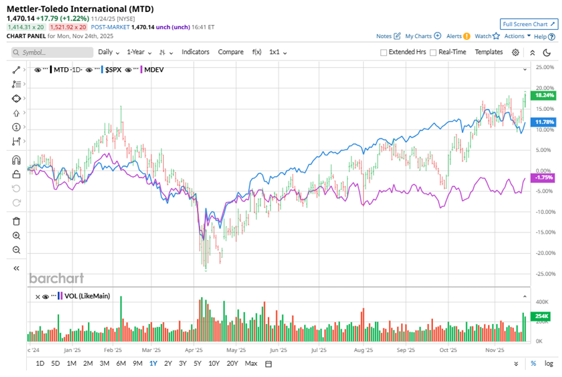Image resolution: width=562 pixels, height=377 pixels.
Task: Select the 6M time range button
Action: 121,363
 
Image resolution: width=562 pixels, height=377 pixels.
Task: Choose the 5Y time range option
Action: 197,363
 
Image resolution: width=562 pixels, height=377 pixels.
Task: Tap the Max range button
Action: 251,363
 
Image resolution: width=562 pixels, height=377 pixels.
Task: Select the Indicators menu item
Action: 195,52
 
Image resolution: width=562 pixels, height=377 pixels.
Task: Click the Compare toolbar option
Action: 231,52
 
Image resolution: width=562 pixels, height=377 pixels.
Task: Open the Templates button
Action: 488,52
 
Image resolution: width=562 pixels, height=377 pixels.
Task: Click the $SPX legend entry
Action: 113,70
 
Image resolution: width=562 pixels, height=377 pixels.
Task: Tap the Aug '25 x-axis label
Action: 364,351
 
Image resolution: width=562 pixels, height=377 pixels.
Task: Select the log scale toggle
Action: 548,363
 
